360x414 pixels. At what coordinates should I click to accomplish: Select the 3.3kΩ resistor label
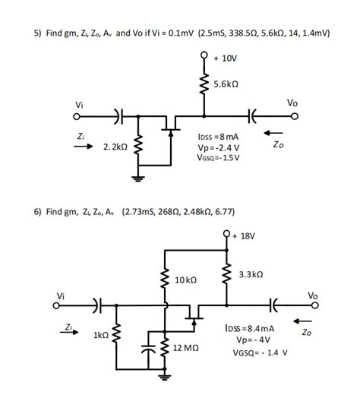(250, 274)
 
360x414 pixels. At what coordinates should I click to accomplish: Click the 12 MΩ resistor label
(186, 346)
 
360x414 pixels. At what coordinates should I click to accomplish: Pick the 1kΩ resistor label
(100, 335)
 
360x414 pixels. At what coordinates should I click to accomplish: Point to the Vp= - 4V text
(251, 340)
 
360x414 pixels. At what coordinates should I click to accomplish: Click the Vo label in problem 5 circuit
(293, 102)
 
